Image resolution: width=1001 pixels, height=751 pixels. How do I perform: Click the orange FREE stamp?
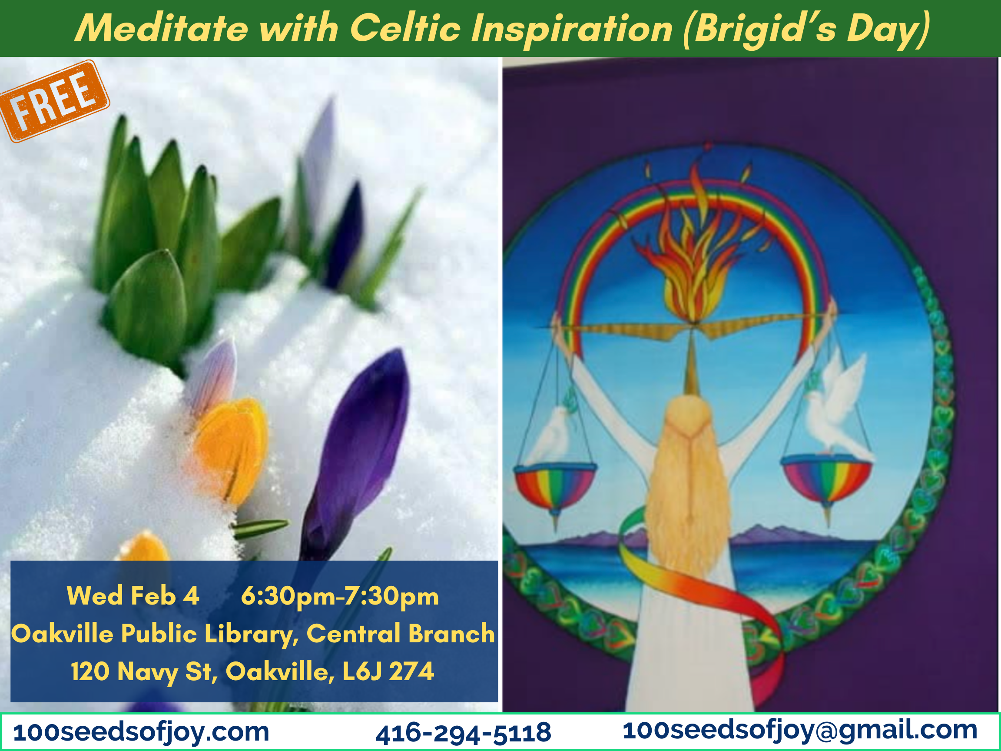click(x=54, y=101)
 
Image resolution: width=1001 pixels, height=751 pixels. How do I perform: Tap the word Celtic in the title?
click(x=405, y=28)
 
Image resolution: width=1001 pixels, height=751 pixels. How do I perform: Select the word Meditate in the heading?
click(x=162, y=28)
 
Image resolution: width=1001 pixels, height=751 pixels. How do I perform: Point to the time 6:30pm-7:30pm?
click(x=340, y=596)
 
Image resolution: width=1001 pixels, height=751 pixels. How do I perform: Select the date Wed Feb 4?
click(x=133, y=595)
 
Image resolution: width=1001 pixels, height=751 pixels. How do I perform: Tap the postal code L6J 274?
click(x=388, y=671)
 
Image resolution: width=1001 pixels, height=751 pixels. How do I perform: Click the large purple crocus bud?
click(x=356, y=453)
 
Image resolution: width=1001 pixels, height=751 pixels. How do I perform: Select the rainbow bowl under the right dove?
click(x=826, y=480)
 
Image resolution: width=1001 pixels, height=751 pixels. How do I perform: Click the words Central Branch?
click(x=401, y=633)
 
